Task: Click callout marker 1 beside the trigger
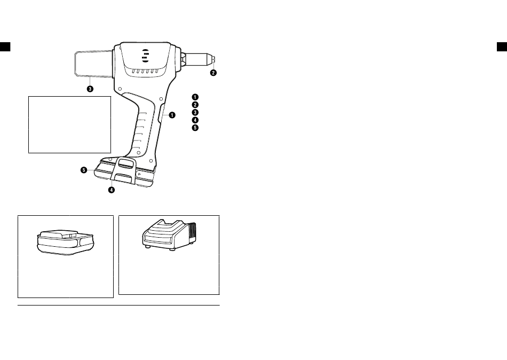pyautogui.click(x=173, y=115)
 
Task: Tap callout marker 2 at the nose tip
pyautogui.click(x=213, y=73)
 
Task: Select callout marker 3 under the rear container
pyautogui.click(x=90, y=89)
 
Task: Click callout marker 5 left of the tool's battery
pyautogui.click(x=84, y=170)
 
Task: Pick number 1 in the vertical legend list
pyautogui.click(x=194, y=97)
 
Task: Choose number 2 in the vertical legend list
pyautogui.click(x=194, y=105)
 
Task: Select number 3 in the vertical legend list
pyautogui.click(x=194, y=113)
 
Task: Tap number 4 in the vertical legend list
pyautogui.click(x=194, y=120)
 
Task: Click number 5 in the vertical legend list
pyautogui.click(x=194, y=128)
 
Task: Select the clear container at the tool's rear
pyautogui.click(x=93, y=63)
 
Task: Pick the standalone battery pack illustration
pyautogui.click(x=65, y=243)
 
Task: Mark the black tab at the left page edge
pyautogui.click(x=5, y=46)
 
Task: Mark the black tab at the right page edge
pyautogui.click(x=502, y=46)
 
